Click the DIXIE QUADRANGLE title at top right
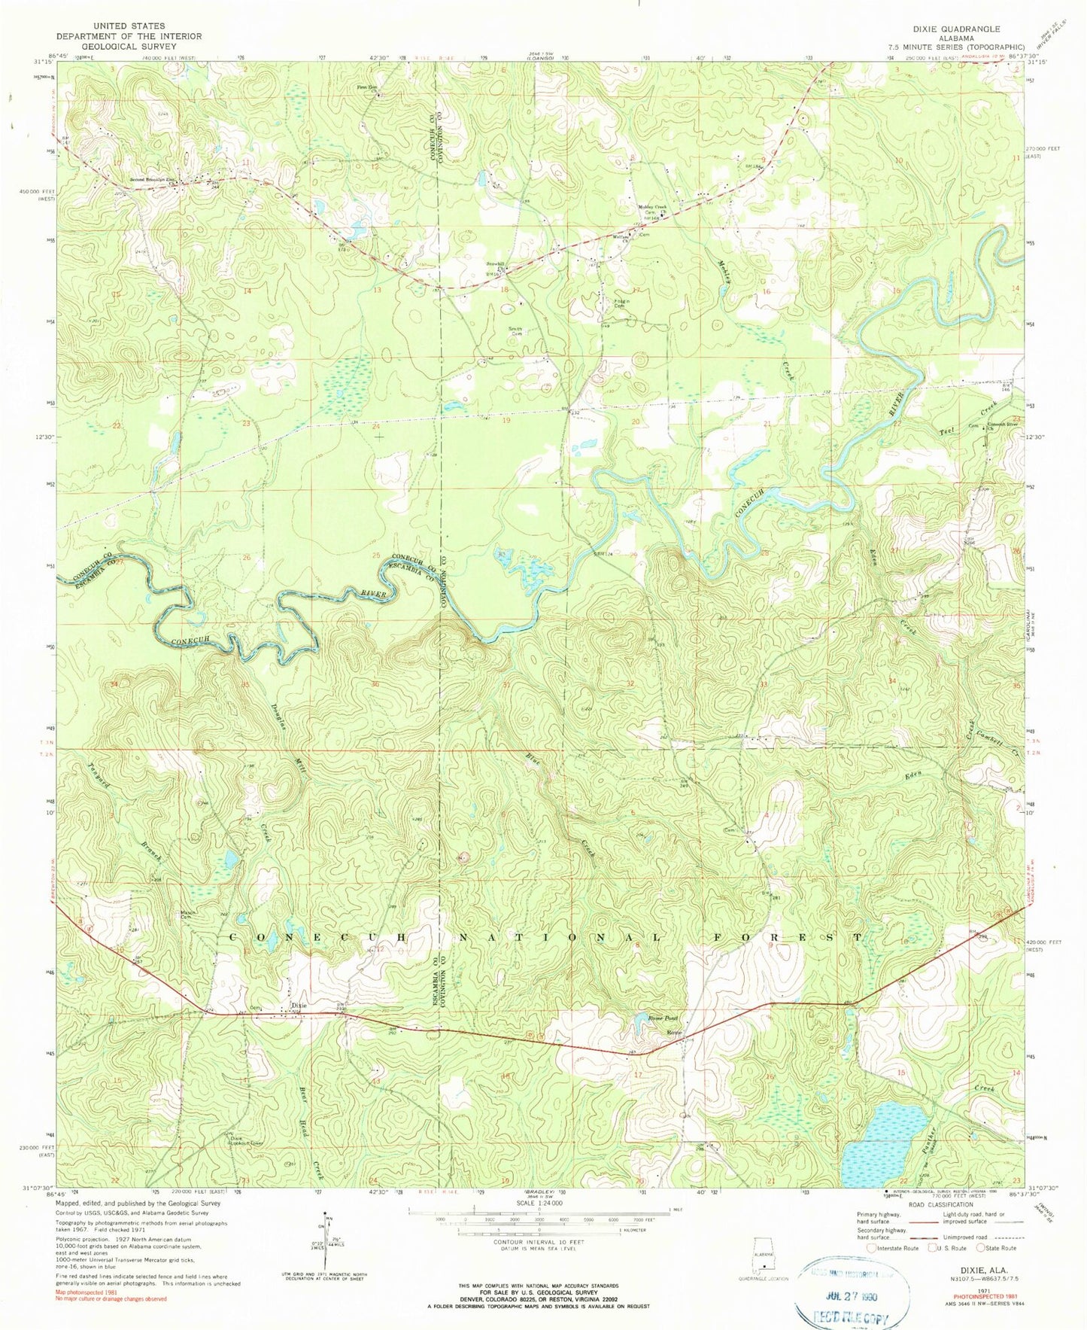tap(956, 29)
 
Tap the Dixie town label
tap(299, 1005)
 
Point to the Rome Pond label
tap(663, 1018)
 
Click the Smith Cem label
tap(515, 330)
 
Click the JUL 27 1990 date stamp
tap(852, 1297)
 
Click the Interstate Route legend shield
tap(871, 1247)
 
